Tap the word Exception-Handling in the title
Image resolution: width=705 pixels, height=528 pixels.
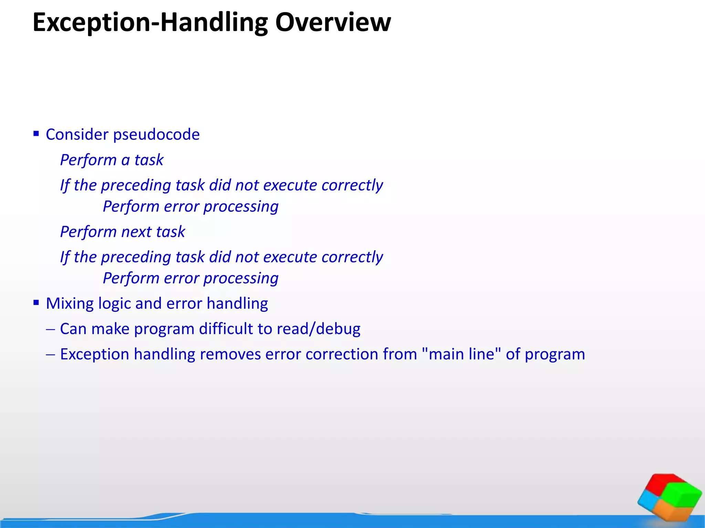click(150, 23)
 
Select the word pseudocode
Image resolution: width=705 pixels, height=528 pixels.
click(156, 135)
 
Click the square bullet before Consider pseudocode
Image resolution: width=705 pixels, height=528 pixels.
click(36, 133)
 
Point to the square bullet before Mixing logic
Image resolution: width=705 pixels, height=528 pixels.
click(36, 302)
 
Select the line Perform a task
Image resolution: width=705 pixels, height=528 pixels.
click(112, 160)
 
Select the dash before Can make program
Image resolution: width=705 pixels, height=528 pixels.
click(50, 329)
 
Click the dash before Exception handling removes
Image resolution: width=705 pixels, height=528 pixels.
click(50, 354)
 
